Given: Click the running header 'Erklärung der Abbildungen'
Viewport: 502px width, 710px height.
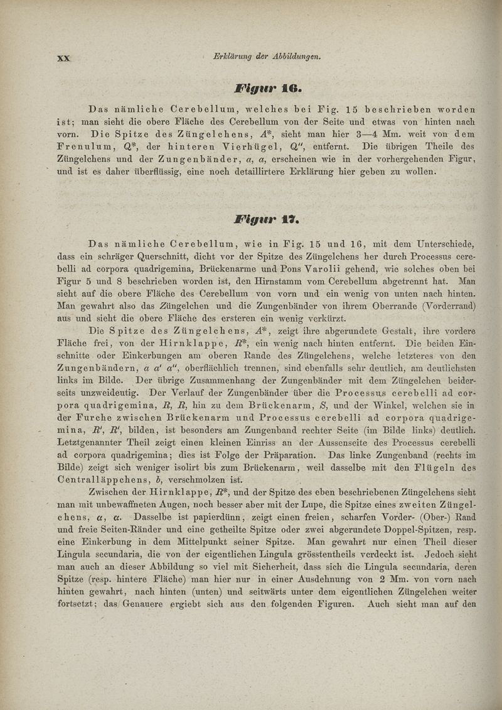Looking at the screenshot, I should (268, 57).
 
